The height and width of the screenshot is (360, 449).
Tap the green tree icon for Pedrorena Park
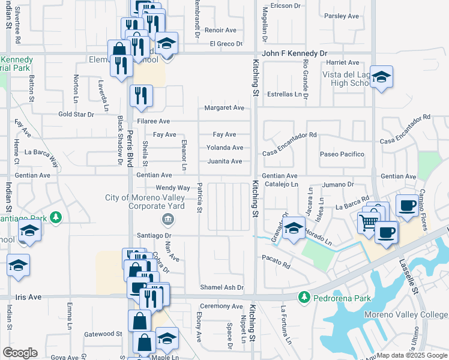click(305, 297)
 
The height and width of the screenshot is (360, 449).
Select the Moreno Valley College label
click(406, 315)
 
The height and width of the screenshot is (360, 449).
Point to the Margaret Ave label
click(224, 108)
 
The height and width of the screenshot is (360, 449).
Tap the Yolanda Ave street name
click(224, 148)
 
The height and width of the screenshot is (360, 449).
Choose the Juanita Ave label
click(224, 161)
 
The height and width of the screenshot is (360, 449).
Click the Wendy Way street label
click(173, 188)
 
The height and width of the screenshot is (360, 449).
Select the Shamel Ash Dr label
click(223, 288)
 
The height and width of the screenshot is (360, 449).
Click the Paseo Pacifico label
click(342, 154)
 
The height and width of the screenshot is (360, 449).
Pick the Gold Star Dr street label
click(76, 114)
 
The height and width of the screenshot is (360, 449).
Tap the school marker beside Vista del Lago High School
click(381, 77)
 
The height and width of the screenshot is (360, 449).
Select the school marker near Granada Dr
click(294, 229)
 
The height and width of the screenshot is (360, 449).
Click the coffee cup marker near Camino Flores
click(408, 205)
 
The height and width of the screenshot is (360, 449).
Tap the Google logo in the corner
click(20, 353)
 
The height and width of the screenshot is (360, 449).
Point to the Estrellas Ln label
click(285, 94)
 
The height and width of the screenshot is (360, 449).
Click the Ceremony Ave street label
click(221, 307)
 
